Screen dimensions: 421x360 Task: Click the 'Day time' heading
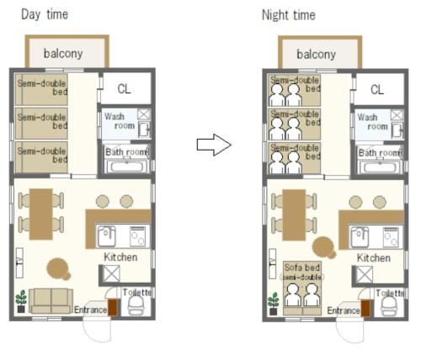[x=45, y=14]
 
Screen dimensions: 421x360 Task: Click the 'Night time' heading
[x=289, y=15]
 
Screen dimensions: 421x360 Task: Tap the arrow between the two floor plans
[x=214, y=145]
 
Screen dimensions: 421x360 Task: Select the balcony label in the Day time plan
[x=63, y=53]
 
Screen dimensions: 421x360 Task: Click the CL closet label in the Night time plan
[x=377, y=90]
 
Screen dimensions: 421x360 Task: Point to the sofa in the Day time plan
[x=51, y=301]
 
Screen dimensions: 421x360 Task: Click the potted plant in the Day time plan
[x=21, y=301]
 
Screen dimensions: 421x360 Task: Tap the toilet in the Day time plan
[x=136, y=305]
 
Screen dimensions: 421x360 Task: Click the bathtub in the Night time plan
[x=380, y=167]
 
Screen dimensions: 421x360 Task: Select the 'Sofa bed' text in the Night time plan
[x=302, y=267]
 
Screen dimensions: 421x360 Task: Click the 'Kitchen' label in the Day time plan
[x=120, y=257]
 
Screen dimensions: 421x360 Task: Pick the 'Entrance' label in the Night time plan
[x=344, y=310]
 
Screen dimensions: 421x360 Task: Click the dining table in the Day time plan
[x=41, y=214]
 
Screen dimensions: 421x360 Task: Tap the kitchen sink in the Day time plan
[x=106, y=236]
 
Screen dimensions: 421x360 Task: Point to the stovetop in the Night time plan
[x=391, y=238]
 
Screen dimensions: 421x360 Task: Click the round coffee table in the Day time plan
[x=58, y=269]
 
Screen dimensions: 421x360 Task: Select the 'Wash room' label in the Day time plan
[x=120, y=121]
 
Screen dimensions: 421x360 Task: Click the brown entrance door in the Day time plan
[x=113, y=308]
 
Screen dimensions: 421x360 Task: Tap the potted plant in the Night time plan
[x=274, y=304]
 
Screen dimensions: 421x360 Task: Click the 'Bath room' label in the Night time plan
[x=381, y=153]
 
